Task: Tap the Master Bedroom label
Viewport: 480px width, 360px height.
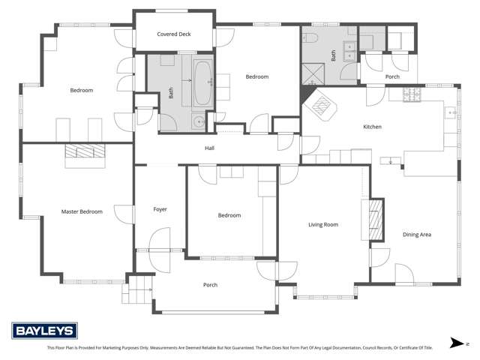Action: (x=82, y=212)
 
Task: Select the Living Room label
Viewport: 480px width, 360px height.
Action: (x=323, y=224)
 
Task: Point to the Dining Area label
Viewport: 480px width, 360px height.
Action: (x=416, y=235)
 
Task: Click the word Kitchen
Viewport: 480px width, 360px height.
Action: (x=372, y=127)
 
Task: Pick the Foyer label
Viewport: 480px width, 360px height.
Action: (x=160, y=209)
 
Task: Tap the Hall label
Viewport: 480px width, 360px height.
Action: (x=210, y=148)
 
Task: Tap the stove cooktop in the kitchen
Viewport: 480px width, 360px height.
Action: (x=411, y=95)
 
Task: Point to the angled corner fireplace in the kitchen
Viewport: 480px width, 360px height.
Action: (x=322, y=107)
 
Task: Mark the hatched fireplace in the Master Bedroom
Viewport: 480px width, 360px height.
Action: (x=84, y=152)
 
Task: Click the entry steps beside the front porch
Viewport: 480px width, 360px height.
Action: (x=137, y=288)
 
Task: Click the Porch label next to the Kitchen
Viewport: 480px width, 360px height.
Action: (x=391, y=76)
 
